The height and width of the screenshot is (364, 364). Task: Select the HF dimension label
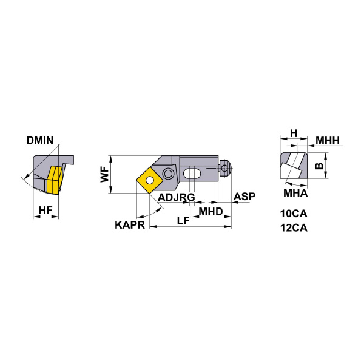45,210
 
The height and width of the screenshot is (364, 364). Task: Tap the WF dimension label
104,175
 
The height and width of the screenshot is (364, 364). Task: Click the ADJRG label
176,197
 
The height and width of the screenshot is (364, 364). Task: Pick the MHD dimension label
211,211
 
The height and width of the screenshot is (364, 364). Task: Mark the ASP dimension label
244,197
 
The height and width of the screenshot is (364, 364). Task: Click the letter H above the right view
293,133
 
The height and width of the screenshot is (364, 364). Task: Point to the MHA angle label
296,194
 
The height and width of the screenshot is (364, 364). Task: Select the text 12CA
294,228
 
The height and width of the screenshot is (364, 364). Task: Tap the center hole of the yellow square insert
149,180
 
